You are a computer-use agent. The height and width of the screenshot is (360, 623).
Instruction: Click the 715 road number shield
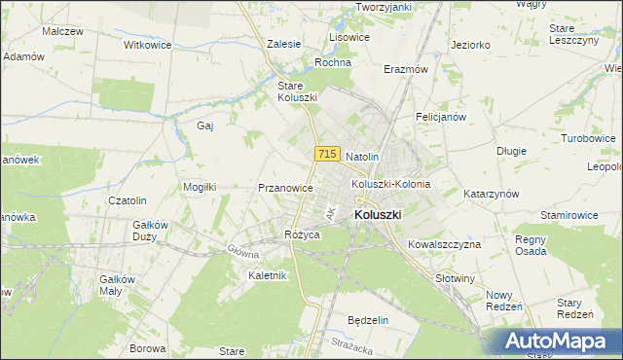326,155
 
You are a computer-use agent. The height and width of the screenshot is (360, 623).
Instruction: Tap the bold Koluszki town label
380,215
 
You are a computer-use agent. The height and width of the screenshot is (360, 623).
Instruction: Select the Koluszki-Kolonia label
390,183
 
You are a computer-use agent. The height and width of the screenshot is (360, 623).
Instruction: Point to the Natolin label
362,156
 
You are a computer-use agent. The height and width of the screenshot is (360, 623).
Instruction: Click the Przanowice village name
284,188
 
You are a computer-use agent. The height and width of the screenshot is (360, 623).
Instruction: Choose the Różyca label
301,234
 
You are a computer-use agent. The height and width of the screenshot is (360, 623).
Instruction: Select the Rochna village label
332,62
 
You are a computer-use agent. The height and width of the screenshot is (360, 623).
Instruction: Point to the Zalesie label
283,44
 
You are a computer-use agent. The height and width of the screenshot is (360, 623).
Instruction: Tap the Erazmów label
406,70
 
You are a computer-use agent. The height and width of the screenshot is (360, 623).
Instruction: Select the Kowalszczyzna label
444,244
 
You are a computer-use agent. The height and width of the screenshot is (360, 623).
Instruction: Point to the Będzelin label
368,320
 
